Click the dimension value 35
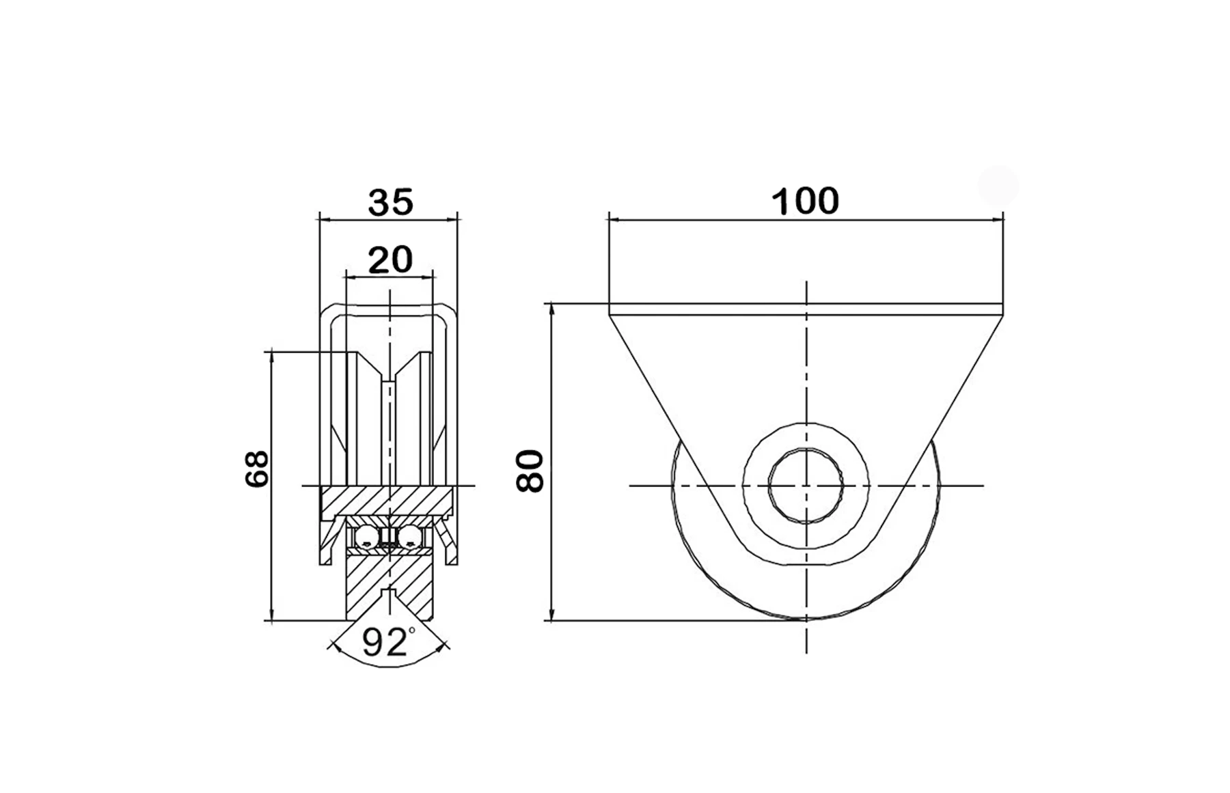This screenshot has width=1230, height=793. pos(391,202)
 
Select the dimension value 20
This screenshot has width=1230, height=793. pos(390,260)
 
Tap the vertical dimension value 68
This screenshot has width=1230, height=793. pos(257,468)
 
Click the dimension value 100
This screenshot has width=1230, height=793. pos(805,201)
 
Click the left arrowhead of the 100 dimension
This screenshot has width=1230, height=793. pos(614,220)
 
